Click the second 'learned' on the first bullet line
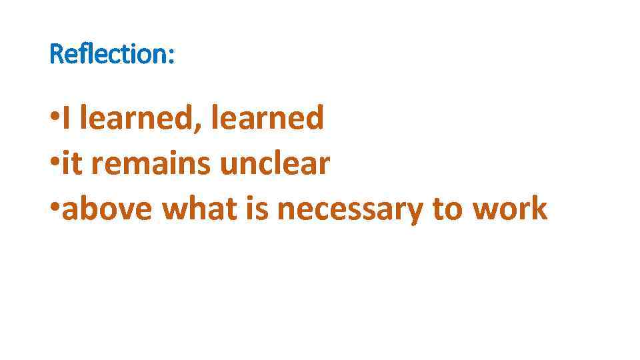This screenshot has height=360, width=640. coord(267,119)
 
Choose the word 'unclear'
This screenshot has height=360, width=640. coord(275,164)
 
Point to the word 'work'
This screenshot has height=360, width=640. coord(509,209)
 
